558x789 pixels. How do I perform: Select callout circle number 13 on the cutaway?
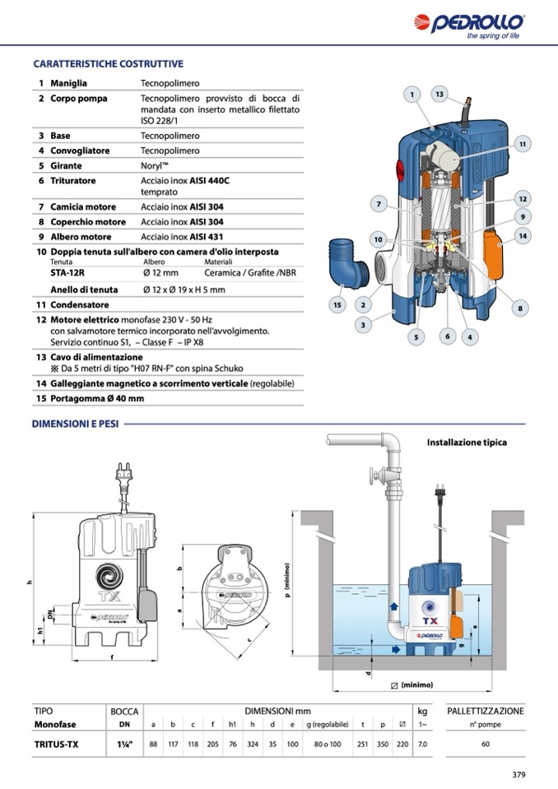coord(440,95)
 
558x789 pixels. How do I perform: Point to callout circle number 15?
coord(336,305)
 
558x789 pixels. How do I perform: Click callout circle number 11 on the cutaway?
coord(522,144)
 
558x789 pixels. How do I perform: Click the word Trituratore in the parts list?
coord(72,180)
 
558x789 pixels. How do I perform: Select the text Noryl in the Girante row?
coord(155,165)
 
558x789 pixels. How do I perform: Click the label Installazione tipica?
coord(467,443)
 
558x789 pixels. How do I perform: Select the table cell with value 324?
coord(253,745)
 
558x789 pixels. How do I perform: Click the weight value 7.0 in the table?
coord(423,745)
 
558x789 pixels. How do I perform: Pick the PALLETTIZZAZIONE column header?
coord(485,711)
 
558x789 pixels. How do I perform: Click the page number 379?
coord(518,774)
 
